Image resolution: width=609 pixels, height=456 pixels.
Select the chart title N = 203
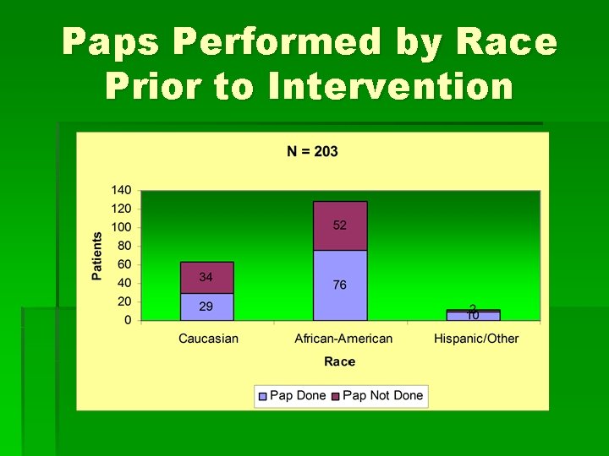click(x=312, y=151)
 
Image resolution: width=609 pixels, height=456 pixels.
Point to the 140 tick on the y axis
click(x=122, y=190)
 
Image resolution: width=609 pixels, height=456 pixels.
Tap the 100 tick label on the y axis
click(x=122, y=227)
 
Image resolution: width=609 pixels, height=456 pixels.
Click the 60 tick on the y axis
click(x=125, y=264)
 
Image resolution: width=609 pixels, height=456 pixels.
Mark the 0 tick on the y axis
click(x=129, y=320)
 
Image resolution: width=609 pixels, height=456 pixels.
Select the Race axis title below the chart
click(x=339, y=361)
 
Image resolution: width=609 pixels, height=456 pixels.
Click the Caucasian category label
click(x=208, y=339)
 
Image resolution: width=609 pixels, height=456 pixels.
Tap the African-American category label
click(x=343, y=339)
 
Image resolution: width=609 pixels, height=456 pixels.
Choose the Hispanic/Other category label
click(x=476, y=339)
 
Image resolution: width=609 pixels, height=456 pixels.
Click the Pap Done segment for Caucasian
click(x=206, y=307)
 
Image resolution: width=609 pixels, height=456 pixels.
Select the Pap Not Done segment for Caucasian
click(x=206, y=277)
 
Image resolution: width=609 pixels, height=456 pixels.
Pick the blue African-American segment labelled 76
click(x=340, y=285)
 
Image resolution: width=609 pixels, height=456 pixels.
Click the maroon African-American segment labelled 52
click(x=340, y=225)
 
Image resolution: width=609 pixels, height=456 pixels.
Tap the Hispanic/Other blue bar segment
click(x=474, y=317)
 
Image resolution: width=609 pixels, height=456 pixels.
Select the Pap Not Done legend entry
click(x=376, y=395)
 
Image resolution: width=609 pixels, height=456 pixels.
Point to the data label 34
click(x=206, y=277)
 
